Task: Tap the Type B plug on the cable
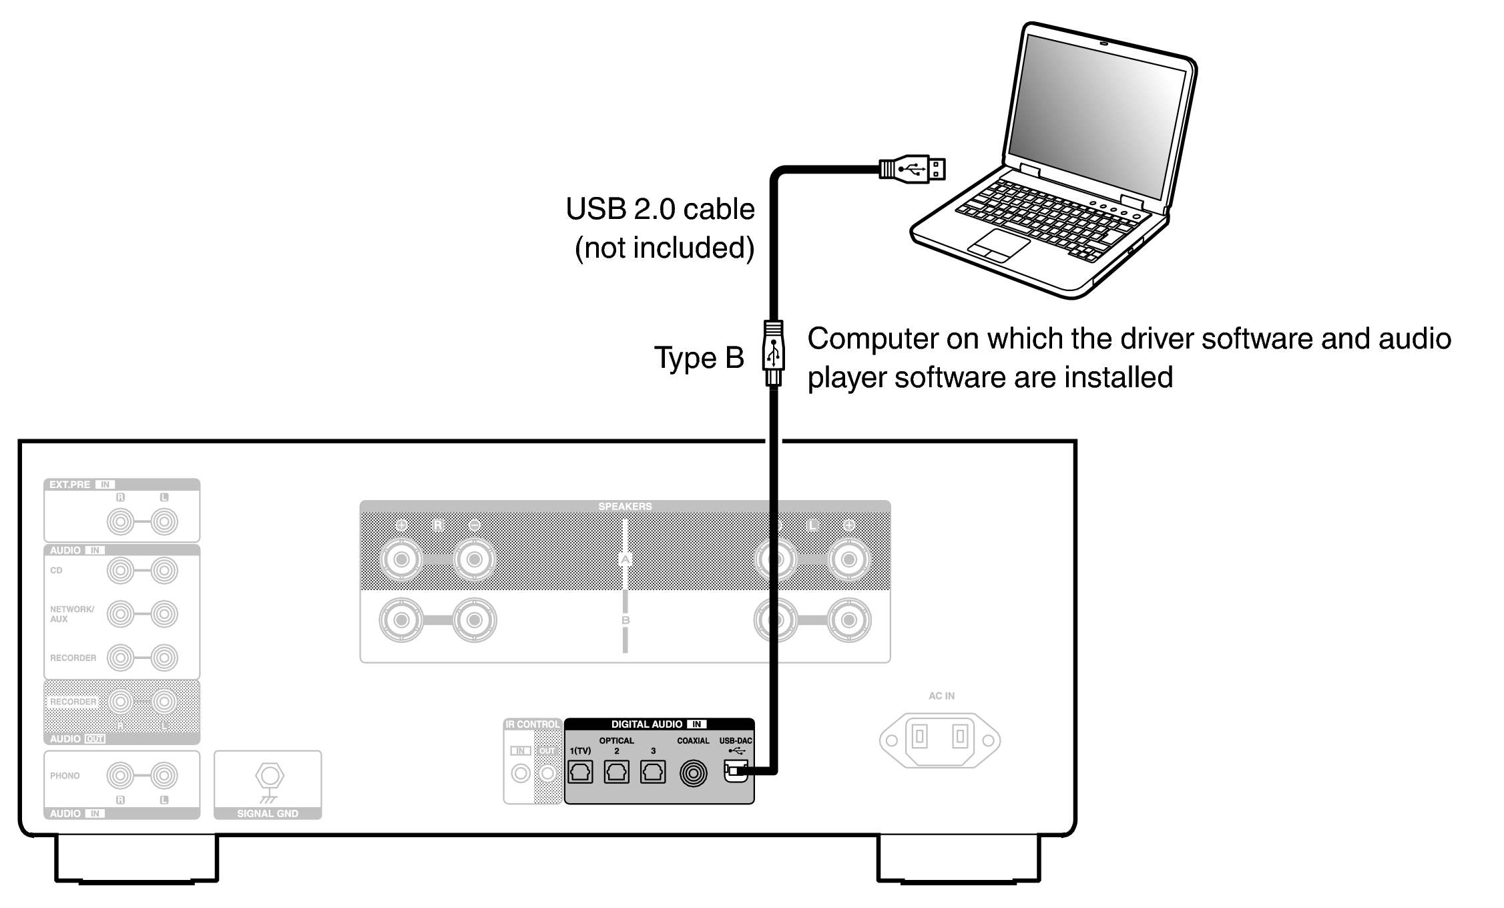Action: tap(773, 353)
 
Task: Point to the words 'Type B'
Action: tap(698, 358)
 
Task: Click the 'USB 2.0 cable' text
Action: tap(660, 210)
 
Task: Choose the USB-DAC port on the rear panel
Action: tap(734, 772)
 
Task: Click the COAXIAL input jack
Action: tap(693, 773)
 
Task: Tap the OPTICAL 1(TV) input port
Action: tap(580, 772)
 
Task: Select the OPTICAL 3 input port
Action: tap(652, 772)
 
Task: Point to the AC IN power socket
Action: tap(940, 739)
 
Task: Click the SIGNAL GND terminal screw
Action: tap(270, 776)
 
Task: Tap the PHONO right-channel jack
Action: tap(120, 776)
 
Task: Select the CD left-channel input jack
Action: tap(164, 571)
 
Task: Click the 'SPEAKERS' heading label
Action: tap(625, 507)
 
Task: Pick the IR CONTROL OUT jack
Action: tap(547, 773)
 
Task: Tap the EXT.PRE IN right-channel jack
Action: tap(120, 521)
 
